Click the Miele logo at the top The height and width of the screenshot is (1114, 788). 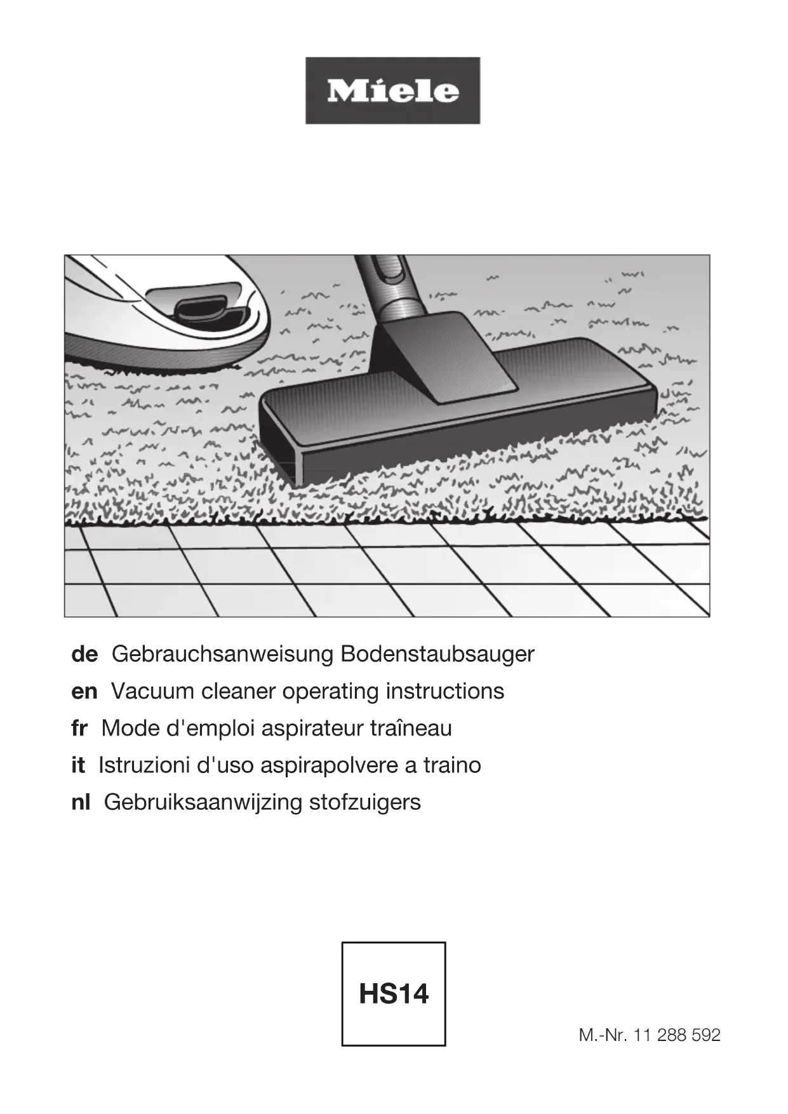click(392, 91)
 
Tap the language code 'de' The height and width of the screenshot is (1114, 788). click(84, 654)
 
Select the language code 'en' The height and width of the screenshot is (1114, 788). click(84, 692)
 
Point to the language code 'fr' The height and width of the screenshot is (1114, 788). click(79, 728)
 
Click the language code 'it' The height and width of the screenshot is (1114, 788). click(77, 765)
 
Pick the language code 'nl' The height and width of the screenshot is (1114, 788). click(81, 802)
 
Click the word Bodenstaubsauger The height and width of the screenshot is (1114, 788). click(437, 654)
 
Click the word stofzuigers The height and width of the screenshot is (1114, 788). click(364, 803)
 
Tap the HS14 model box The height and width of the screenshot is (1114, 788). click(394, 994)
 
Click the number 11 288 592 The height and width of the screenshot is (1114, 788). click(677, 1035)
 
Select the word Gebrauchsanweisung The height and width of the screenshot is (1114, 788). click(222, 654)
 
